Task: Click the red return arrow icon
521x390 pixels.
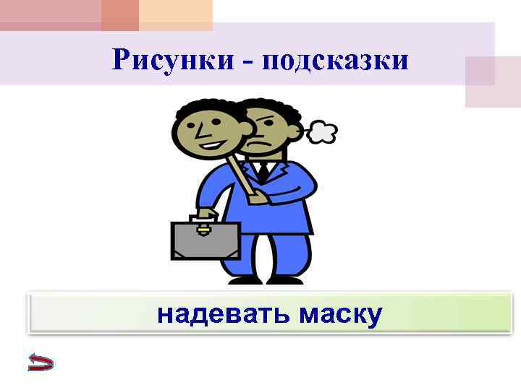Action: (41, 362)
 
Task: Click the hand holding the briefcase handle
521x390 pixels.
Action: (206, 214)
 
